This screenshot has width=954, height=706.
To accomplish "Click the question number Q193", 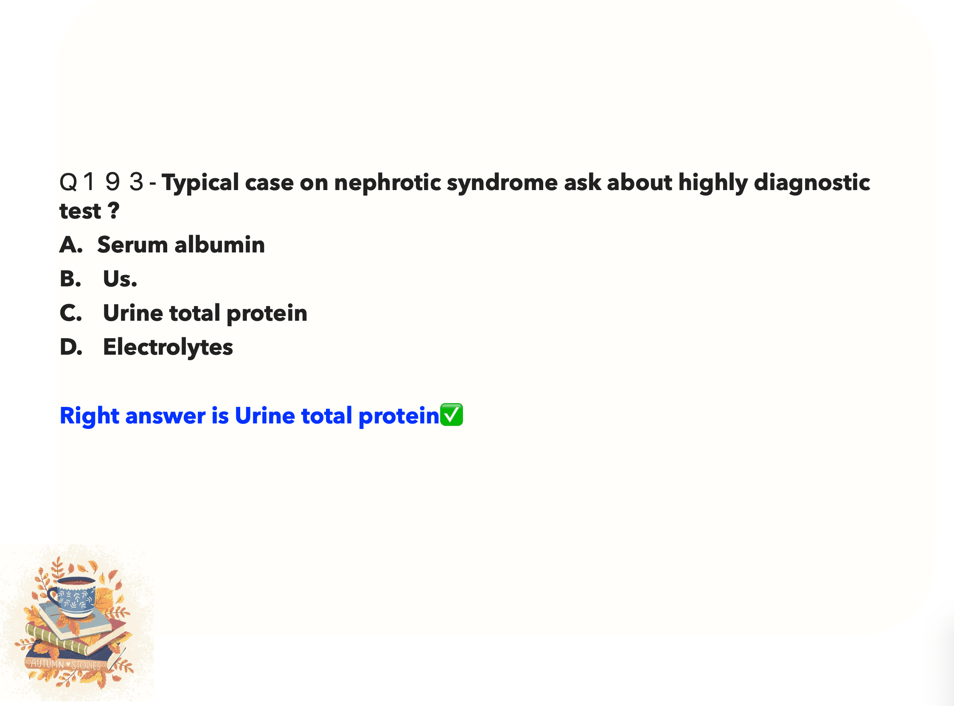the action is [x=101, y=182].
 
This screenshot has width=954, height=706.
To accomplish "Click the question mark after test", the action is [x=113, y=210].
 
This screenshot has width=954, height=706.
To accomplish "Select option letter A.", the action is [x=71, y=245].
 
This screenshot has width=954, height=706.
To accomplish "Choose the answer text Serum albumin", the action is [x=181, y=245].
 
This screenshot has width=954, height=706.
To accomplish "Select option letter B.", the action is [x=70, y=279].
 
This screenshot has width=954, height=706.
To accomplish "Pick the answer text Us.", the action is [x=120, y=279].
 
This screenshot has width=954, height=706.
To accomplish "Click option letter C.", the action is [x=71, y=313].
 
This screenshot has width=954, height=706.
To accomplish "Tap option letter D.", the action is [x=71, y=347].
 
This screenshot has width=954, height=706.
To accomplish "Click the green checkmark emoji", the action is [x=452, y=415].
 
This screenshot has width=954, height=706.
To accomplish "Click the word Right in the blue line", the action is [x=89, y=416].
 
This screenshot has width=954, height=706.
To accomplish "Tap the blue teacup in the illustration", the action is [x=73, y=597].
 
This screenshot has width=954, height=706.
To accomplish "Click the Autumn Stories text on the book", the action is [x=66, y=664].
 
